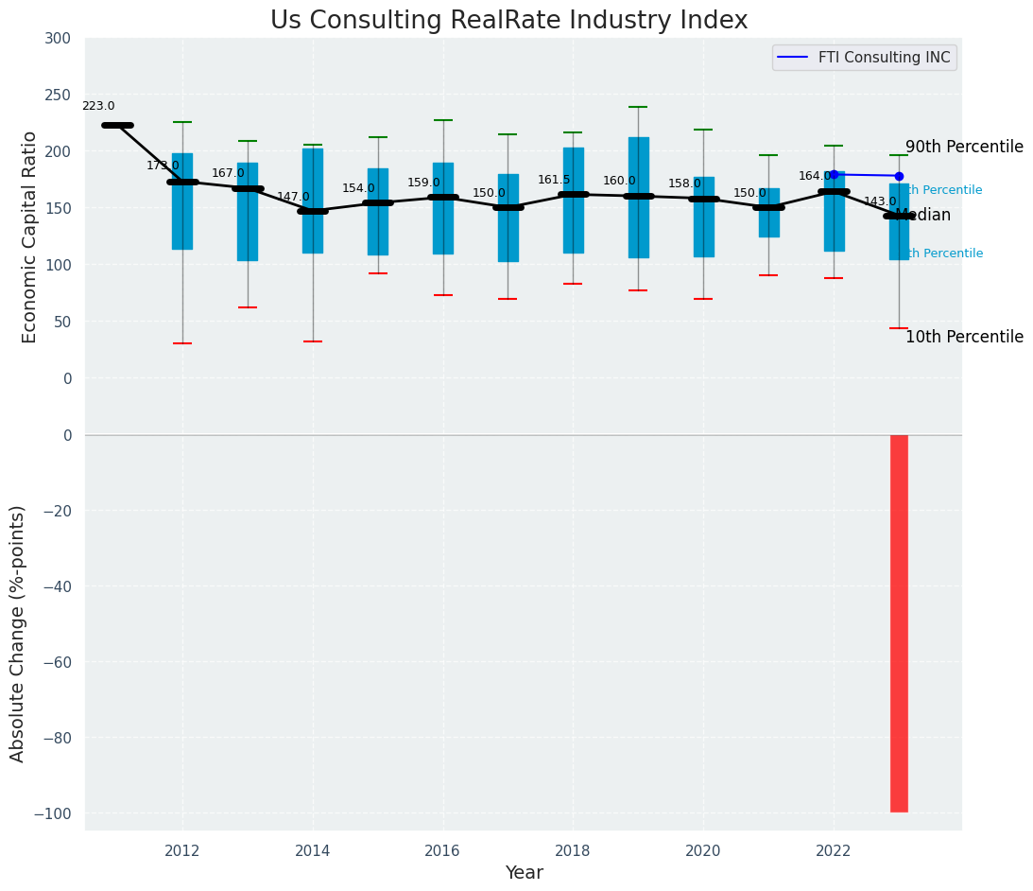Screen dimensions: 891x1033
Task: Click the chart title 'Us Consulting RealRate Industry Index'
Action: click(x=508, y=21)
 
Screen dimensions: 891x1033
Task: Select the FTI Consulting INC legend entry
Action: click(x=864, y=58)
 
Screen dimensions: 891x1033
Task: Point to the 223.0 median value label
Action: click(x=98, y=107)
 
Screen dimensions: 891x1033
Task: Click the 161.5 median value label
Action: click(x=554, y=181)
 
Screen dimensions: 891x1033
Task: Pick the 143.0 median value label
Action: click(x=880, y=202)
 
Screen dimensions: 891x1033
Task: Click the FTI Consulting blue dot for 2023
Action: click(x=899, y=176)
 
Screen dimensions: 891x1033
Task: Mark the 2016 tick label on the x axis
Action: click(x=442, y=851)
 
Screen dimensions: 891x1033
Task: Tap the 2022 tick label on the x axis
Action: click(x=834, y=851)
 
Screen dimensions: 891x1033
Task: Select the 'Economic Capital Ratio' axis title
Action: click(x=30, y=236)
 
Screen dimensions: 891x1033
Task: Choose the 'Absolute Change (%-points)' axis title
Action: click(x=18, y=633)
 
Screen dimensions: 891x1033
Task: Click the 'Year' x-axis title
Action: click(x=524, y=873)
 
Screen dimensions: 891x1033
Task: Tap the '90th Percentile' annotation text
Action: click(x=964, y=148)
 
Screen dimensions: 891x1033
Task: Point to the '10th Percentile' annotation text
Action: click(x=964, y=338)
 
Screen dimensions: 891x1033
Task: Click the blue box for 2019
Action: click(x=638, y=197)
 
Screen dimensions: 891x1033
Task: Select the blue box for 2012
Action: click(x=182, y=201)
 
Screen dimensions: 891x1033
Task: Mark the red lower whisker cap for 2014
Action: click(x=313, y=341)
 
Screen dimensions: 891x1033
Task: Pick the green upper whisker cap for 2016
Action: click(x=442, y=120)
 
